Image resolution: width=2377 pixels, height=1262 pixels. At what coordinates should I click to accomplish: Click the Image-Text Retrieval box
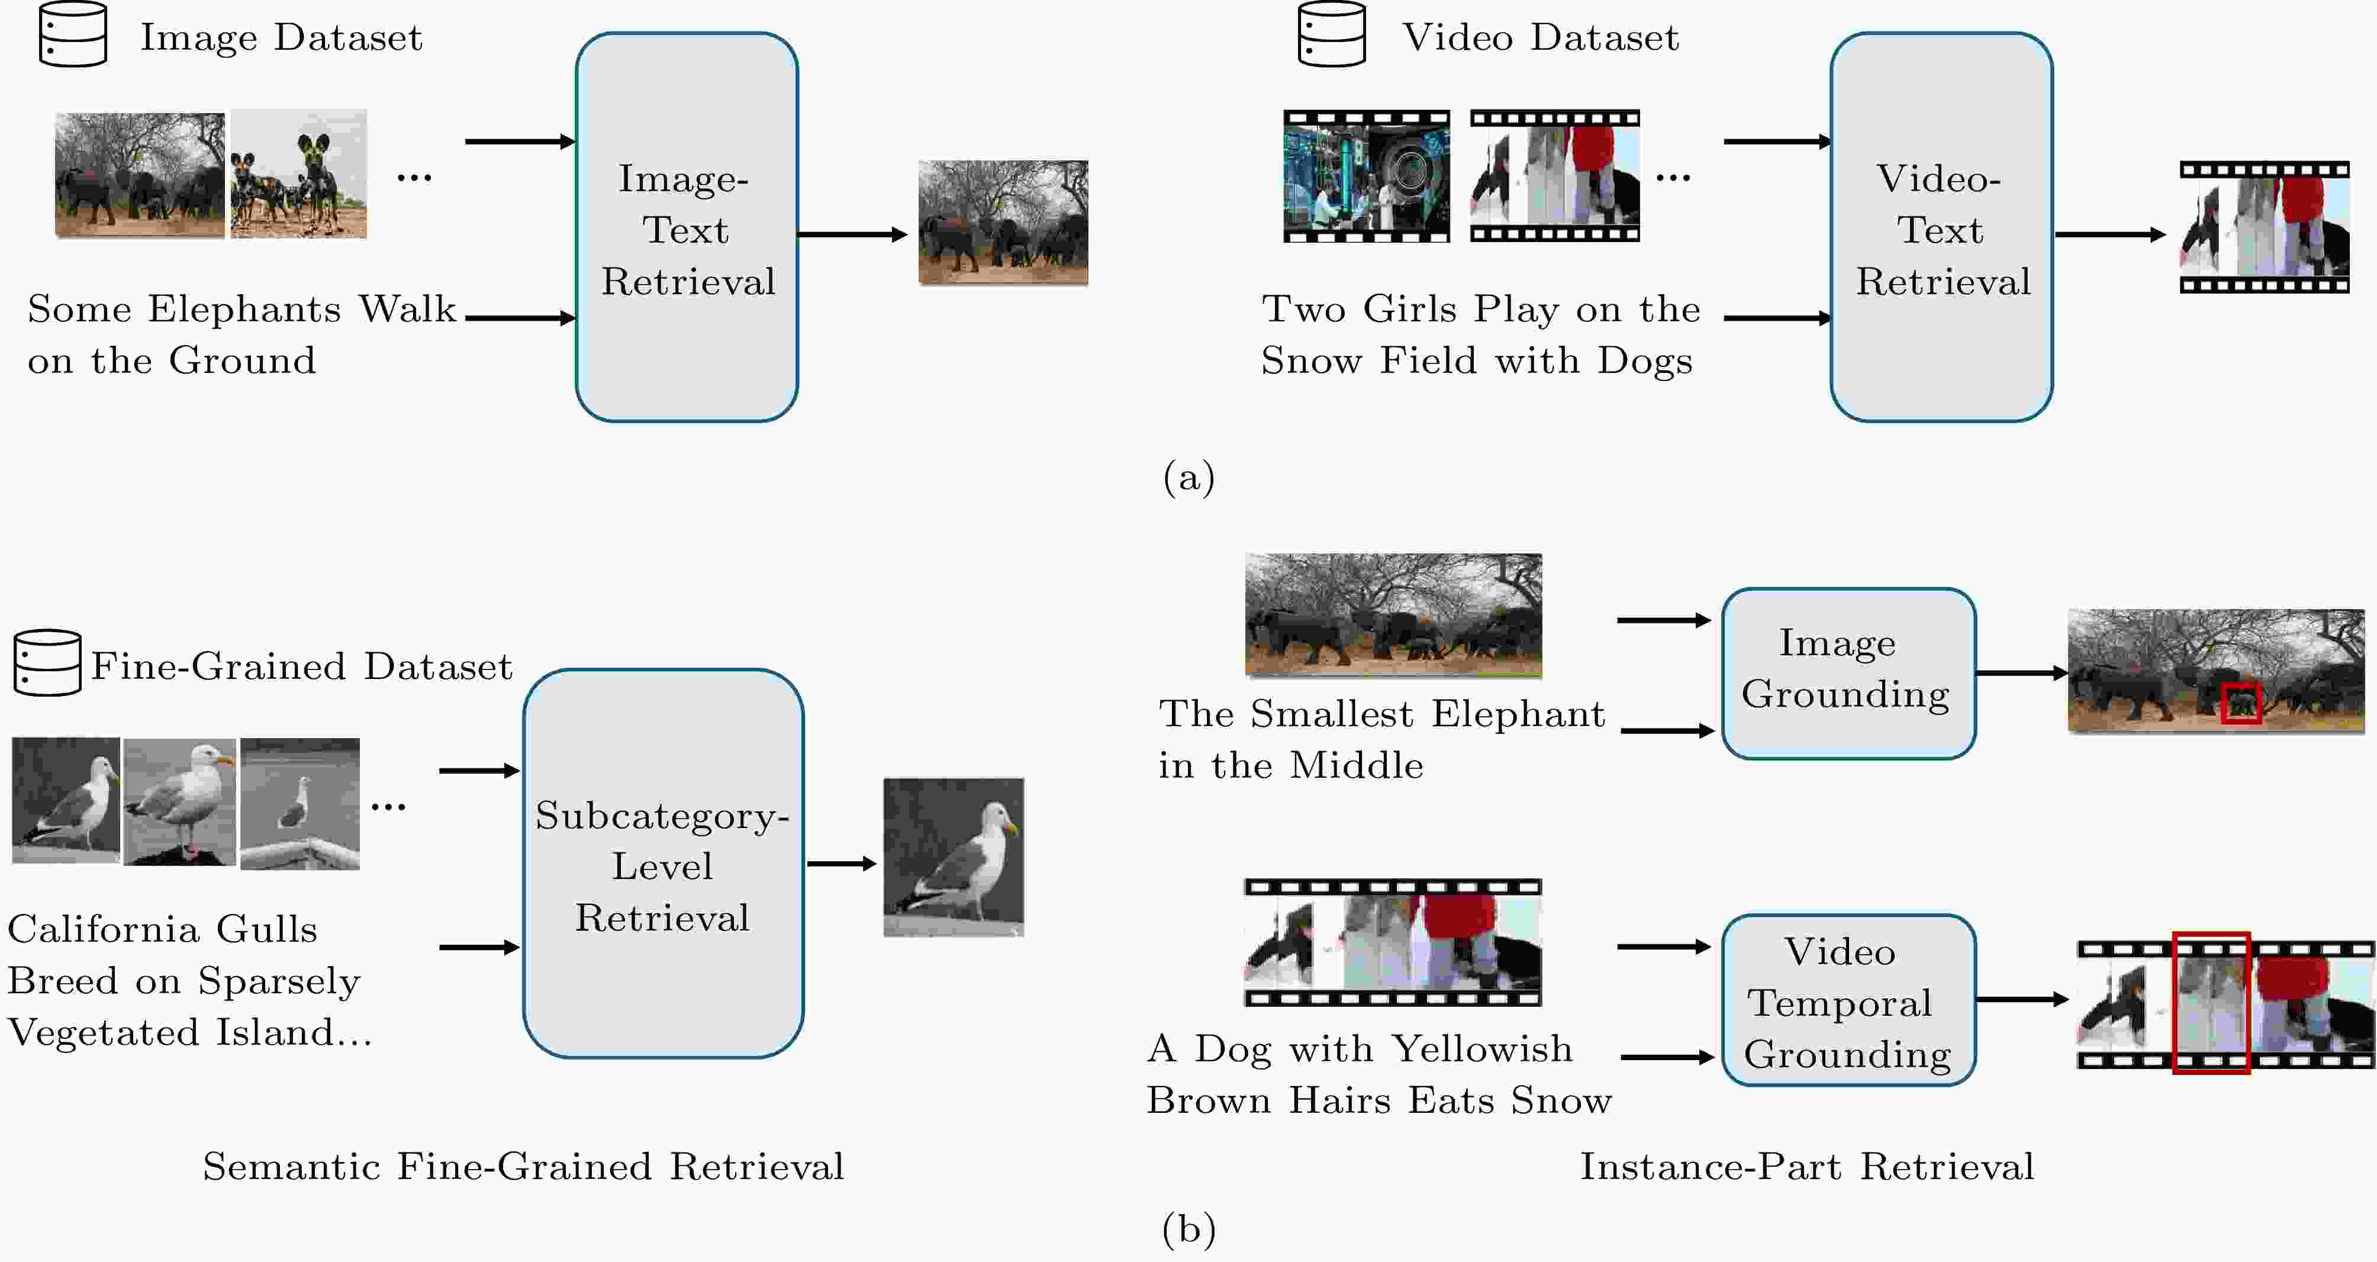[687, 227]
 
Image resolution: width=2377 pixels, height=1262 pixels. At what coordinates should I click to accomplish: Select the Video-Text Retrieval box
[1941, 227]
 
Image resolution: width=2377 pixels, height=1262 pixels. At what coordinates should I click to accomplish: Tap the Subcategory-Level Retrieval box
[664, 864]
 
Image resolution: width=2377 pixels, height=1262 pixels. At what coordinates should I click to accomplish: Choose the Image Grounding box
[1848, 674]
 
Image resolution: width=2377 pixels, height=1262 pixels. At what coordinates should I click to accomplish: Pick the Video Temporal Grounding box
[1848, 1000]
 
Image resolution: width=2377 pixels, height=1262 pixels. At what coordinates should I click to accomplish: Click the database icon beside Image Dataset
[73, 34]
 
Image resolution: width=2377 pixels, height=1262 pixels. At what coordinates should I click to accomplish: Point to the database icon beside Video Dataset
[1332, 34]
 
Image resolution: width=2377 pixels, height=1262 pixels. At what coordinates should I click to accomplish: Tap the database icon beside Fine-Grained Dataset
[48, 662]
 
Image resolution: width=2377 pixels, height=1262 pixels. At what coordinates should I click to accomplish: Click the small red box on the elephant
[2241, 704]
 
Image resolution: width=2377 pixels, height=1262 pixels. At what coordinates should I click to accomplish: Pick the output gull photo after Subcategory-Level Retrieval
[953, 857]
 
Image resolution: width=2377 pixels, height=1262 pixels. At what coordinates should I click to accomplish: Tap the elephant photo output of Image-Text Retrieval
[1003, 223]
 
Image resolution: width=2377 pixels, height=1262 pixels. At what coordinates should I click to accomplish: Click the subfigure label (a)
[1188, 477]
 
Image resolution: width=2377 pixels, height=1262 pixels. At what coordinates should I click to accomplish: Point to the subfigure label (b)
[1188, 1229]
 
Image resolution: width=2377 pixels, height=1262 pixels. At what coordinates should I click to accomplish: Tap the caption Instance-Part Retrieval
[1807, 1167]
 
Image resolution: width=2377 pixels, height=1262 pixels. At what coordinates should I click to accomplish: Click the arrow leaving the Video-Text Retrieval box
[2110, 234]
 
